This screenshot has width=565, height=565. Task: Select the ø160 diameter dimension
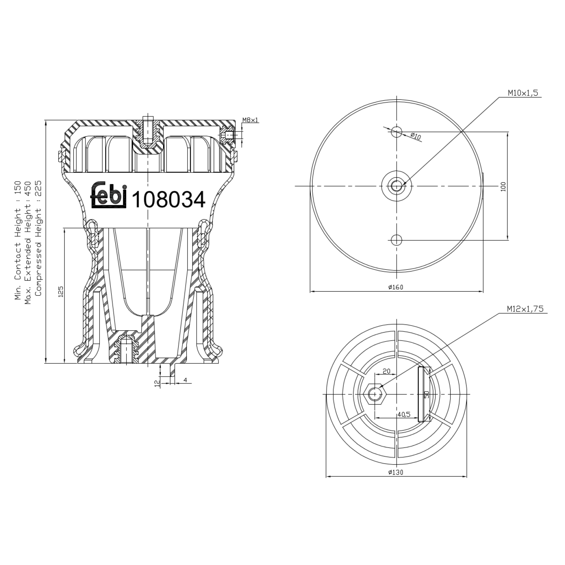pos(396,287)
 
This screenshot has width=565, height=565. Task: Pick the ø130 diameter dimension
pos(396,472)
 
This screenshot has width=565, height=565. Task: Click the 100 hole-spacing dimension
pos(503,186)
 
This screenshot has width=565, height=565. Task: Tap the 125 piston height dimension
pos(61,292)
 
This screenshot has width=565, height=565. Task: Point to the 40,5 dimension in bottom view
pos(404,414)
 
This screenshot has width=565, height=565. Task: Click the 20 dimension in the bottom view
pos(386,371)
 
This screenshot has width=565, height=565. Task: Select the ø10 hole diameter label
pos(415,136)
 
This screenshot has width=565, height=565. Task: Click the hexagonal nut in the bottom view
pos(374,394)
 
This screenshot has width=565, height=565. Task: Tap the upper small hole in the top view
pos(397,131)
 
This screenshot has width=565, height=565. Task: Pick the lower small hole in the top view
pos(397,240)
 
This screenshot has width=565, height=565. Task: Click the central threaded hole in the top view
pos(397,186)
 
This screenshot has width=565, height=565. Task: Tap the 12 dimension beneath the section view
pos(157,383)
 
